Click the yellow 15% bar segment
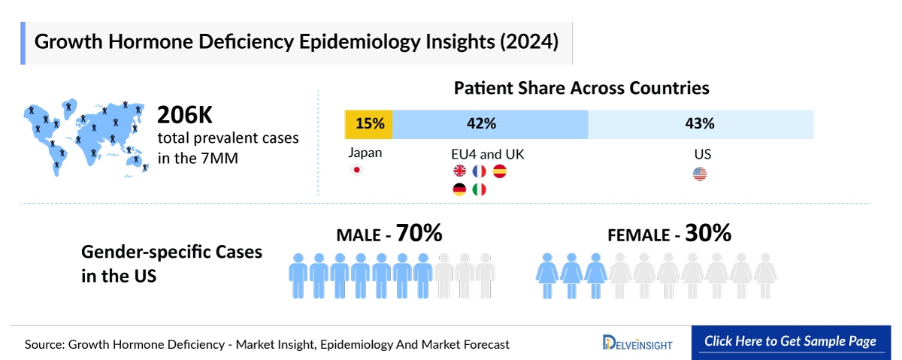pyautogui.click(x=368, y=124)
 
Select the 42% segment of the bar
pyautogui.click(x=489, y=124)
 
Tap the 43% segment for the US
pyautogui.click(x=701, y=124)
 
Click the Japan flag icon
pyautogui.click(x=358, y=171)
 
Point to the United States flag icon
pyautogui.click(x=700, y=174)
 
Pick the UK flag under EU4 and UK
pyautogui.click(x=459, y=171)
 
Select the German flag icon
pyautogui.click(x=459, y=190)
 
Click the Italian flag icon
pyautogui.click(x=480, y=190)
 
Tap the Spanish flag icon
pyautogui.click(x=500, y=171)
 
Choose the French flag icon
pyautogui.click(x=480, y=171)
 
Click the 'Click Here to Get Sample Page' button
pyautogui.click(x=790, y=341)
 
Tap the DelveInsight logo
pyautogui.click(x=637, y=343)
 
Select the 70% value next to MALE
pyautogui.click(x=419, y=234)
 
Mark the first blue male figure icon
pyautogui.click(x=298, y=277)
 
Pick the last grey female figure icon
pyautogui.click(x=764, y=277)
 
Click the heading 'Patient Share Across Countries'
pyautogui.click(x=581, y=88)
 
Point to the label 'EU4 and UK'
pyautogui.click(x=487, y=154)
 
